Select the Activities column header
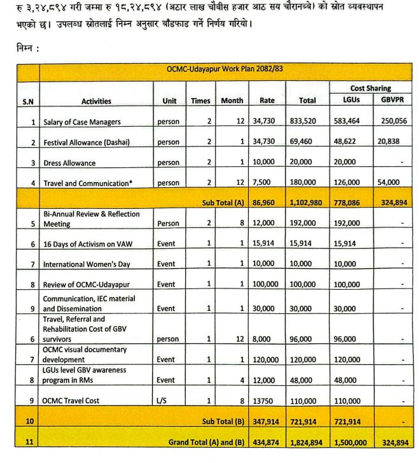[96, 101]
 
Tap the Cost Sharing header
[370, 89]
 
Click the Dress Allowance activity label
[69, 163]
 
